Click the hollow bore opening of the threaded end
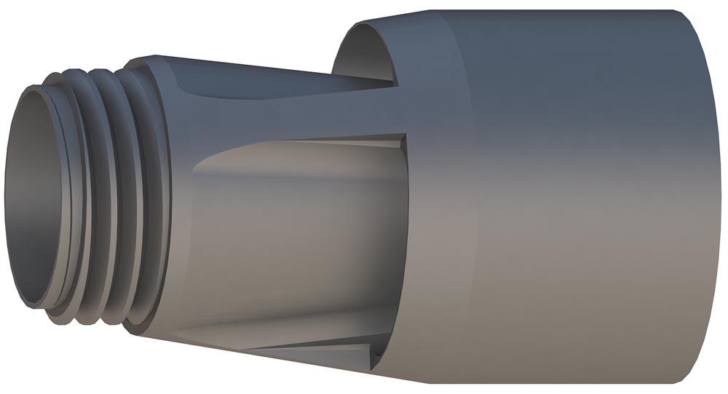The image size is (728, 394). coord(36,197)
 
